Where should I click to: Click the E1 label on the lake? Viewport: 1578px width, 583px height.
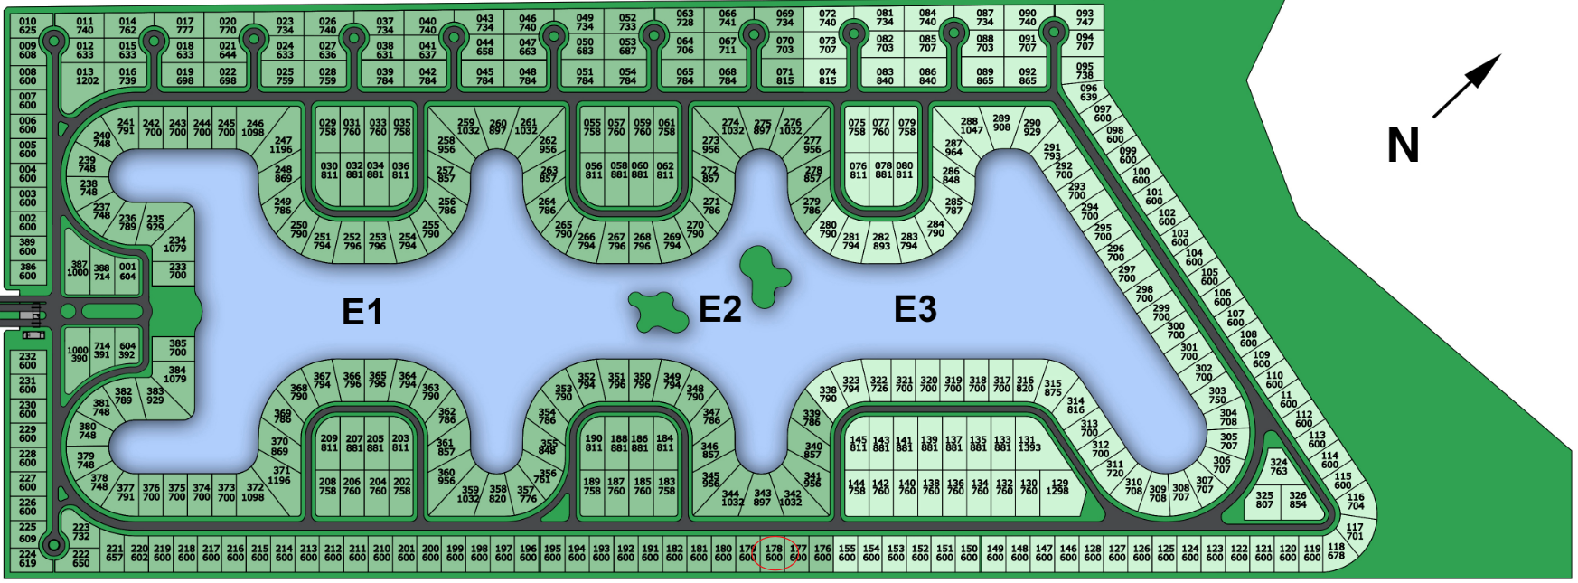point(362,312)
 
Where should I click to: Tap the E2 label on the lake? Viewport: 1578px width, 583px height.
point(720,309)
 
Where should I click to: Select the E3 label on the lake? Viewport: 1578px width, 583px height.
point(915,309)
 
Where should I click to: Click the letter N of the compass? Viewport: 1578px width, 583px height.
point(1403,146)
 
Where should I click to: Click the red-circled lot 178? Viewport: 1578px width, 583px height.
point(774,553)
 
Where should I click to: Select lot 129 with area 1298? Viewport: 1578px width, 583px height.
point(1059,487)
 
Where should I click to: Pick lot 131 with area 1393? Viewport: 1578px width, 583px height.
point(1028,443)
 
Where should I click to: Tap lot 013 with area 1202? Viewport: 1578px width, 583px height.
point(87,76)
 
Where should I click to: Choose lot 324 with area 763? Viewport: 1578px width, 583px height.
point(1278,466)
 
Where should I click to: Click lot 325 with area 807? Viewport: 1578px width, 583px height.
point(1264,500)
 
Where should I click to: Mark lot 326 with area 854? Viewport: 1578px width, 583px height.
point(1298,500)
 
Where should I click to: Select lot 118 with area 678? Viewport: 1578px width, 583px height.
point(1336,551)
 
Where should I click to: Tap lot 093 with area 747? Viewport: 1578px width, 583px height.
point(1085,18)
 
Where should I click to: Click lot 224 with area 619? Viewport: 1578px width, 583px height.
point(28,559)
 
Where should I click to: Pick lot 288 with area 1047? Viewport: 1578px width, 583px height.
point(970,126)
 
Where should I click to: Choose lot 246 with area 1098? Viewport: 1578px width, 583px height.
point(255,128)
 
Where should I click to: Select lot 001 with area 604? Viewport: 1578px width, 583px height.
point(127,271)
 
